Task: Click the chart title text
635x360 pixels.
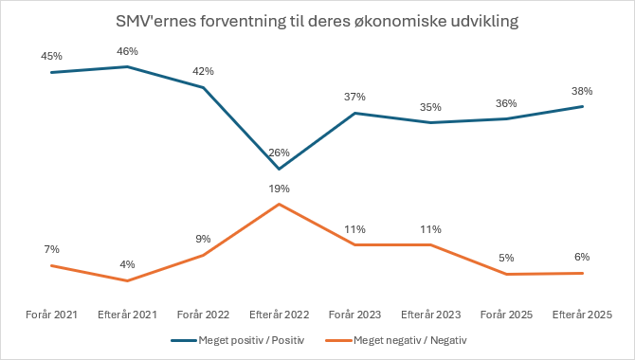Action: (x=317, y=21)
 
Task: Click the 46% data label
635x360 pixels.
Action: (x=127, y=51)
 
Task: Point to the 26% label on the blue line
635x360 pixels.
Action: (x=279, y=153)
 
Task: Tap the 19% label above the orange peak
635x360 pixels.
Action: (x=279, y=189)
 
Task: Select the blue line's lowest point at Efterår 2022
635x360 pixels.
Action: (x=279, y=169)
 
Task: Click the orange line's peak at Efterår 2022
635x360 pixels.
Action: (x=279, y=204)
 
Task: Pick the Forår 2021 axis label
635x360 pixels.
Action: (x=51, y=315)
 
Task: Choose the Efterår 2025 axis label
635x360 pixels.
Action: (x=582, y=315)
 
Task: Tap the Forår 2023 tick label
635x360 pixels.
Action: (x=354, y=315)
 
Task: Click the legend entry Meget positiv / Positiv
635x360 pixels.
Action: (x=238, y=340)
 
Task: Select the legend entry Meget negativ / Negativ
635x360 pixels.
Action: (x=396, y=340)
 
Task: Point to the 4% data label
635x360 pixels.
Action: (x=127, y=264)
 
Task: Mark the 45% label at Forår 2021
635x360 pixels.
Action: (x=51, y=56)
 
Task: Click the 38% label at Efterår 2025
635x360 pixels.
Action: (x=582, y=91)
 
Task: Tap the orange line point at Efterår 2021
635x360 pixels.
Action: (x=128, y=280)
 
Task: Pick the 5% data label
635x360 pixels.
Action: (x=506, y=258)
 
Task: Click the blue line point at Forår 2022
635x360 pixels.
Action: (x=204, y=87)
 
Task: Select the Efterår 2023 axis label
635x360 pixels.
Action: (x=431, y=315)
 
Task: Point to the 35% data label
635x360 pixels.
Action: (x=430, y=107)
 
